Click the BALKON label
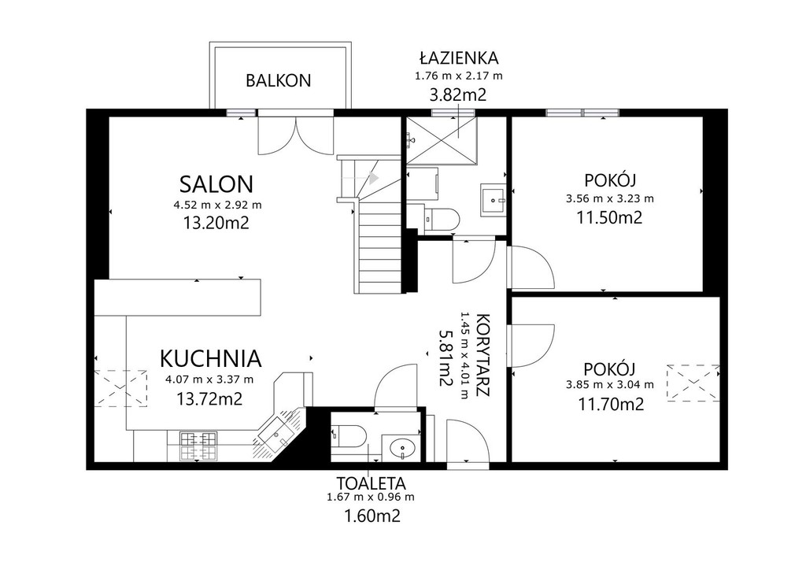point(278,80)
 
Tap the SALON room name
point(216,184)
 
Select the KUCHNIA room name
point(211,359)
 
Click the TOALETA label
point(372,483)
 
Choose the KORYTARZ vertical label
point(482,354)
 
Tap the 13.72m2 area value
point(209,398)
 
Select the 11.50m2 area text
point(609,217)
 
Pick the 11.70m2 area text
point(611,405)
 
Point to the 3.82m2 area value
point(457,95)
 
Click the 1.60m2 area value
point(372,516)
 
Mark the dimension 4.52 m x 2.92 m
point(217,205)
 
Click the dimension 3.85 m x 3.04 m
point(610,384)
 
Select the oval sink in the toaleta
point(402,448)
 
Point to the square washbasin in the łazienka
point(494,199)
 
